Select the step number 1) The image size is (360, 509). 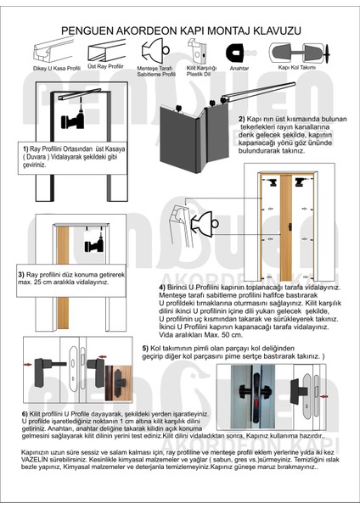point(27,147)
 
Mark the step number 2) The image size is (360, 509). point(242,119)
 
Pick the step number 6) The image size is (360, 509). point(25,413)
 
